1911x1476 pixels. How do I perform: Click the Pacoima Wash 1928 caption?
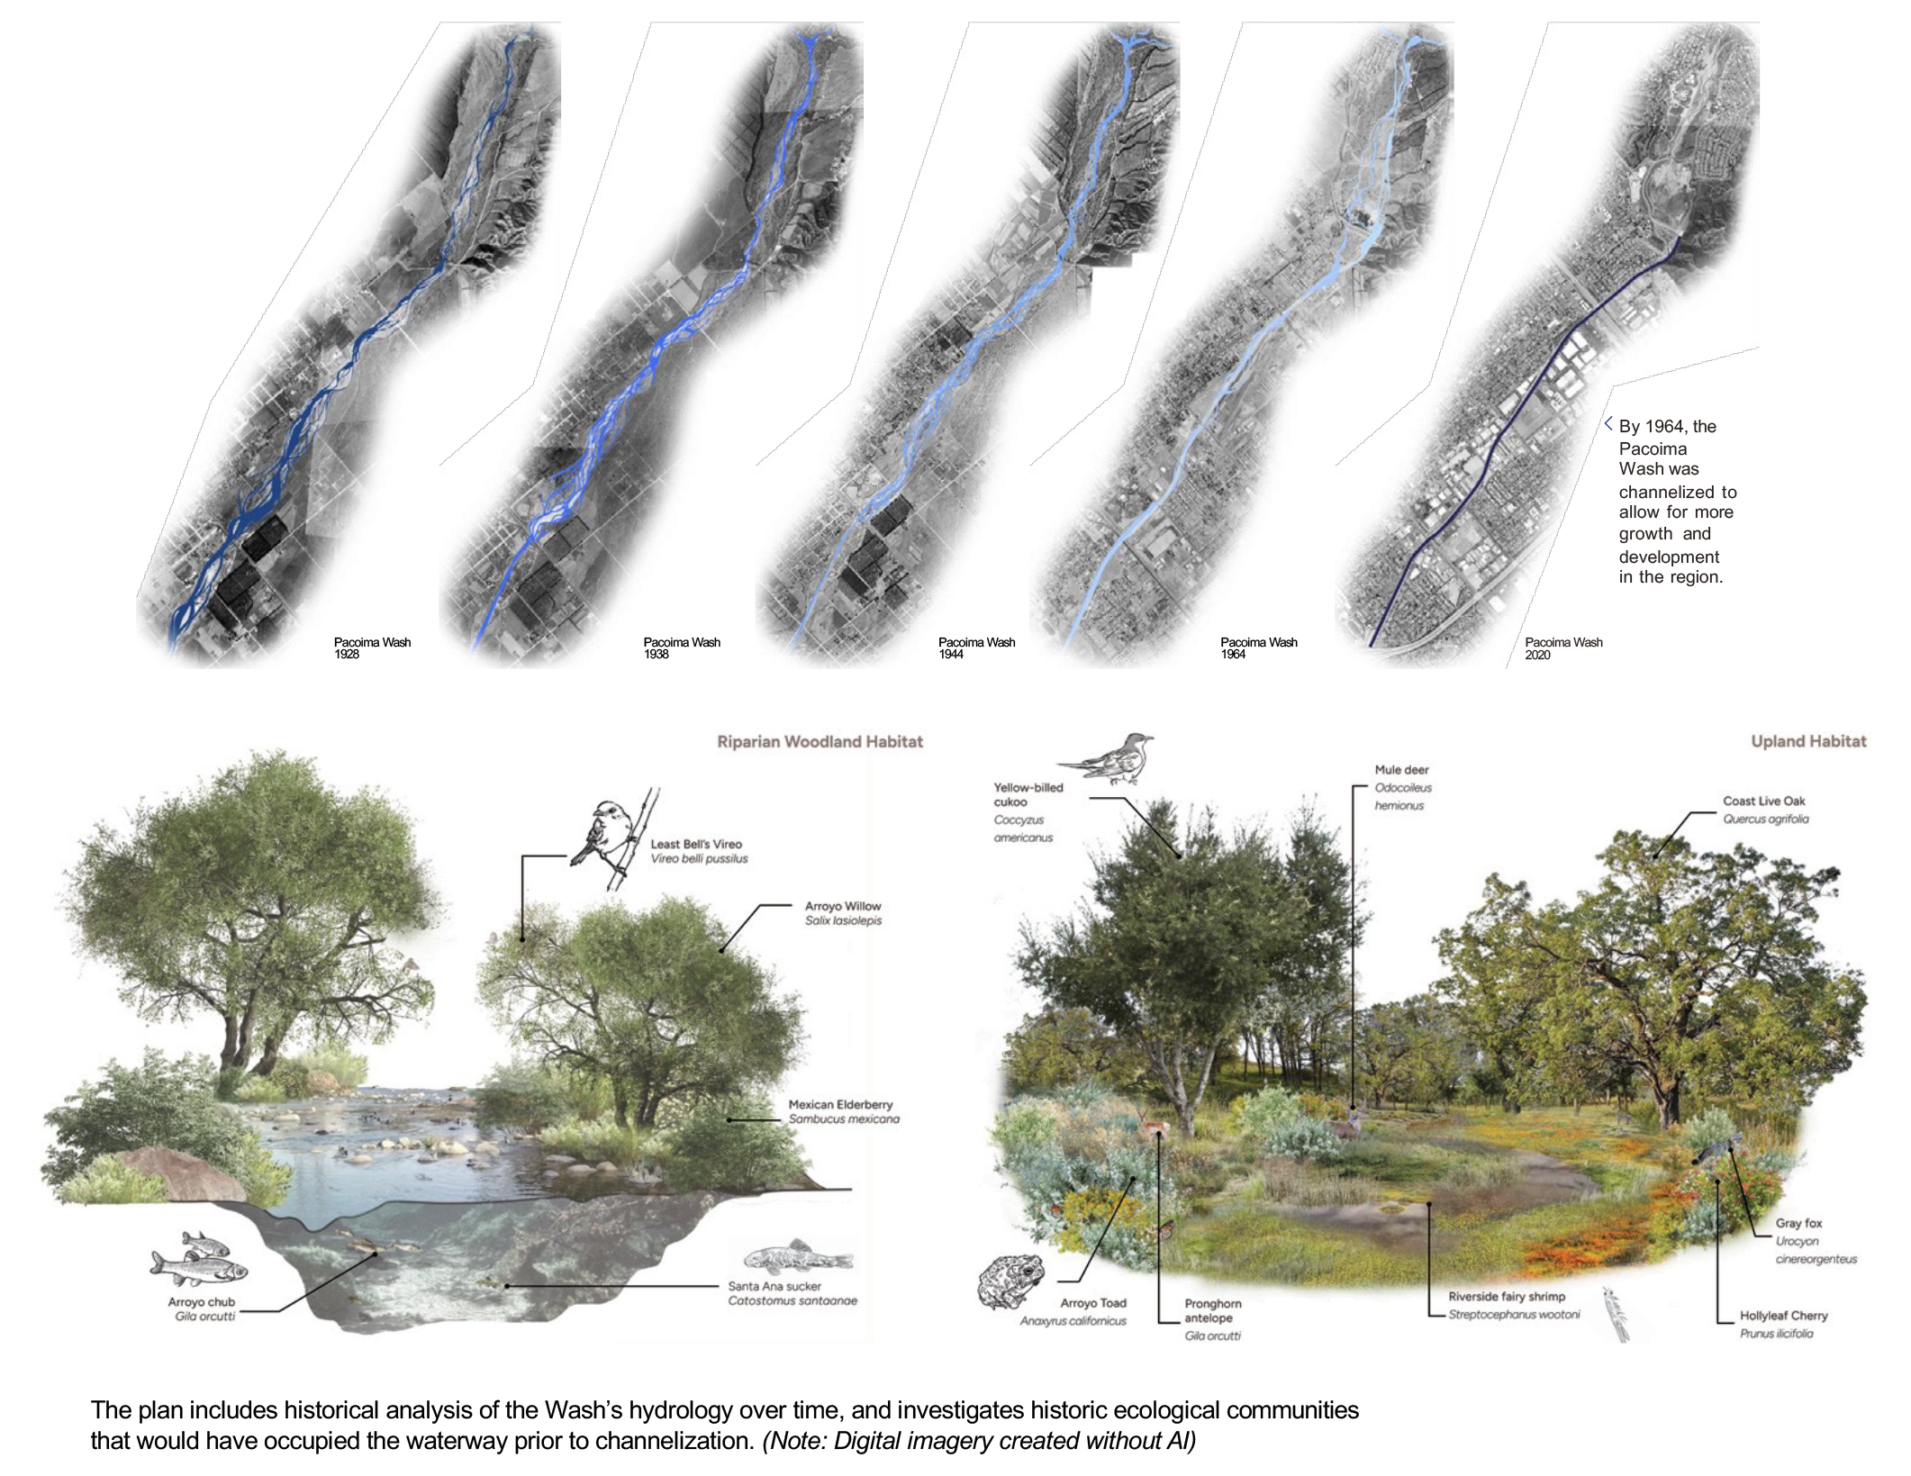pyautogui.click(x=371, y=648)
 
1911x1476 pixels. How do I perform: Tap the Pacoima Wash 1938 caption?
pyautogui.click(x=681, y=648)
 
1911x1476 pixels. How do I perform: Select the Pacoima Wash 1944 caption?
pyautogui.click(x=976, y=648)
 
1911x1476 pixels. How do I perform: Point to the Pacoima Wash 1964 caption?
pyautogui.click(x=1258, y=648)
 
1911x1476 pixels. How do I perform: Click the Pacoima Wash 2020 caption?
pyautogui.click(x=1563, y=648)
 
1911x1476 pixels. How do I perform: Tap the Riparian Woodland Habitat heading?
pyautogui.click(x=820, y=742)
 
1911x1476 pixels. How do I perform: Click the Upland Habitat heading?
pyautogui.click(x=1808, y=742)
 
